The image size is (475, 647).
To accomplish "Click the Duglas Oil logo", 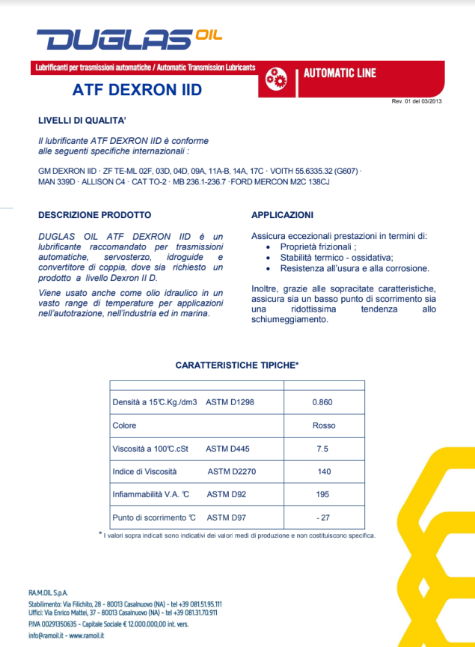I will pyautogui.click(x=128, y=38).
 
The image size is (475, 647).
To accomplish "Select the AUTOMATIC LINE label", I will pyautogui.click(x=340, y=73).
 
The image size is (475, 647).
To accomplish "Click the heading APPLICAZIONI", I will pyautogui.click(x=281, y=215).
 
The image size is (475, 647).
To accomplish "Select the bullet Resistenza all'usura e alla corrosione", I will pyautogui.click(x=355, y=267).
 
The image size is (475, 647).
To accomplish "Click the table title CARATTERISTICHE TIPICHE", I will pyautogui.click(x=236, y=365).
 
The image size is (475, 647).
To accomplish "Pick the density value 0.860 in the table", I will pyautogui.click(x=322, y=402).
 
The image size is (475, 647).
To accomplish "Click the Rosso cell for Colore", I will pyautogui.click(x=323, y=425).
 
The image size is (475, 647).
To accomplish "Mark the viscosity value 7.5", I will pyautogui.click(x=323, y=449).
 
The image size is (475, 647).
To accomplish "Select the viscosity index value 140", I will pyautogui.click(x=324, y=472).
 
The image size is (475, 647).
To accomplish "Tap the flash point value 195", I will pyautogui.click(x=323, y=494).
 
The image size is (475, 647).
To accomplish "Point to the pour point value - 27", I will pyautogui.click(x=323, y=517).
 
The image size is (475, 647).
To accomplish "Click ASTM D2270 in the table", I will pyautogui.click(x=232, y=472).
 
